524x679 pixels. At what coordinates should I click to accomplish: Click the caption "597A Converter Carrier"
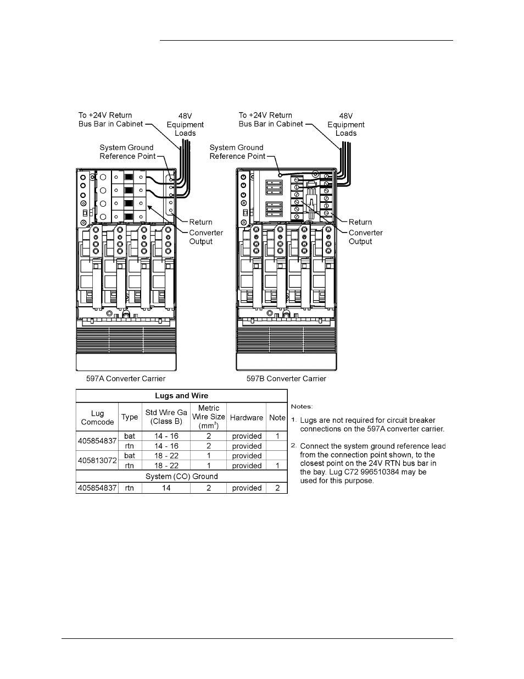pos(125,379)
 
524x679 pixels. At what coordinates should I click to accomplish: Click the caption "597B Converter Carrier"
pos(286,379)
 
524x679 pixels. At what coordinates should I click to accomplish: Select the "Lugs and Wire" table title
pos(181,396)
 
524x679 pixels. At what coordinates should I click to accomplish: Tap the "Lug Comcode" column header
pos(97,417)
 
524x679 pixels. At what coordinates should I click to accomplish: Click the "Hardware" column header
pos(246,418)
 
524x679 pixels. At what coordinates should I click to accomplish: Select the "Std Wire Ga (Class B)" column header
pos(166,417)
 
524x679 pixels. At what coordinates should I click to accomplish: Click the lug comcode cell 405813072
pos(97,461)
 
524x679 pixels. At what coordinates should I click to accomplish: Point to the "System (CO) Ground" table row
pos(181,477)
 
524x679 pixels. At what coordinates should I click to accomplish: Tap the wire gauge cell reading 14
pos(166,488)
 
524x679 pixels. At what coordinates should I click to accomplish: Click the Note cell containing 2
pos(277,488)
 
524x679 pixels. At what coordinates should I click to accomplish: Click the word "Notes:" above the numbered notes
pos(302,406)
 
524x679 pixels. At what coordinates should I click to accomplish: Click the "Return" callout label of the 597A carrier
pos(200,222)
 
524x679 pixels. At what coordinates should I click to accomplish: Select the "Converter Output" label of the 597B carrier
pos(365,237)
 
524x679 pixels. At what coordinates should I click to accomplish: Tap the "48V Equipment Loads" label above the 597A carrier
pos(185,125)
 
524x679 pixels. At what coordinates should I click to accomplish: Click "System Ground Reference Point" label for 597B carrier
pos(237,152)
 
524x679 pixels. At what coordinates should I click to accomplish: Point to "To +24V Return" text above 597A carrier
pos(105,115)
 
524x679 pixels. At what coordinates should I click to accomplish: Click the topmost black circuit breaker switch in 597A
pos(129,177)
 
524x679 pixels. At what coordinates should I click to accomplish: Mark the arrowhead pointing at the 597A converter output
pos(149,207)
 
